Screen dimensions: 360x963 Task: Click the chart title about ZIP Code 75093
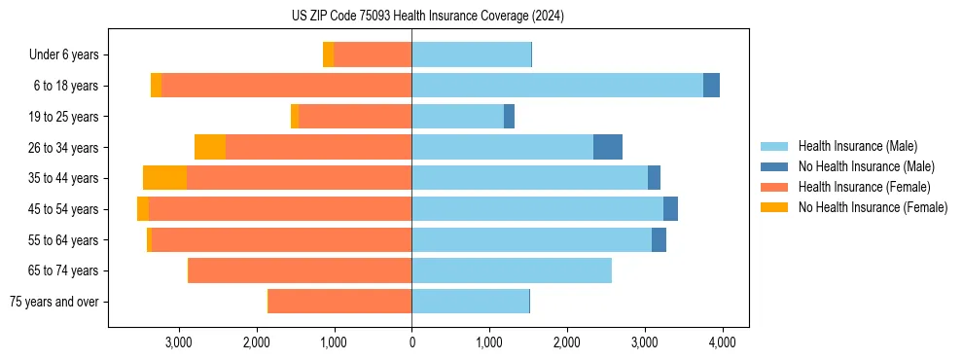(x=428, y=16)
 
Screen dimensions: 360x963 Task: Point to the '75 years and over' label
(x=54, y=302)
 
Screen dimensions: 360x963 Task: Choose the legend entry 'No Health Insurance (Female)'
(x=873, y=207)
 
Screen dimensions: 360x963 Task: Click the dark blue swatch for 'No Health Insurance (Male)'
(x=774, y=166)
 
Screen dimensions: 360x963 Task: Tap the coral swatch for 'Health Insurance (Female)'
(x=774, y=187)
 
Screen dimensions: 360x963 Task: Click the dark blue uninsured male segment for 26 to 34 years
(x=608, y=147)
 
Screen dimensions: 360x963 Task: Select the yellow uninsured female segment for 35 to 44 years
(x=164, y=178)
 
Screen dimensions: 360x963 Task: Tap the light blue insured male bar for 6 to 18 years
(x=557, y=86)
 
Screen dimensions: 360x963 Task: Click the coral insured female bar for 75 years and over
(x=340, y=302)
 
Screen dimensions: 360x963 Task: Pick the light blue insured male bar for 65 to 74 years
(x=512, y=270)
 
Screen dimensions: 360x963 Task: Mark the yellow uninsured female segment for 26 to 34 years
(x=210, y=147)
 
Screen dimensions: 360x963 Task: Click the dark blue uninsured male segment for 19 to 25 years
(x=509, y=117)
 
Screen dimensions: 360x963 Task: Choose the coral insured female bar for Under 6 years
(x=373, y=55)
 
